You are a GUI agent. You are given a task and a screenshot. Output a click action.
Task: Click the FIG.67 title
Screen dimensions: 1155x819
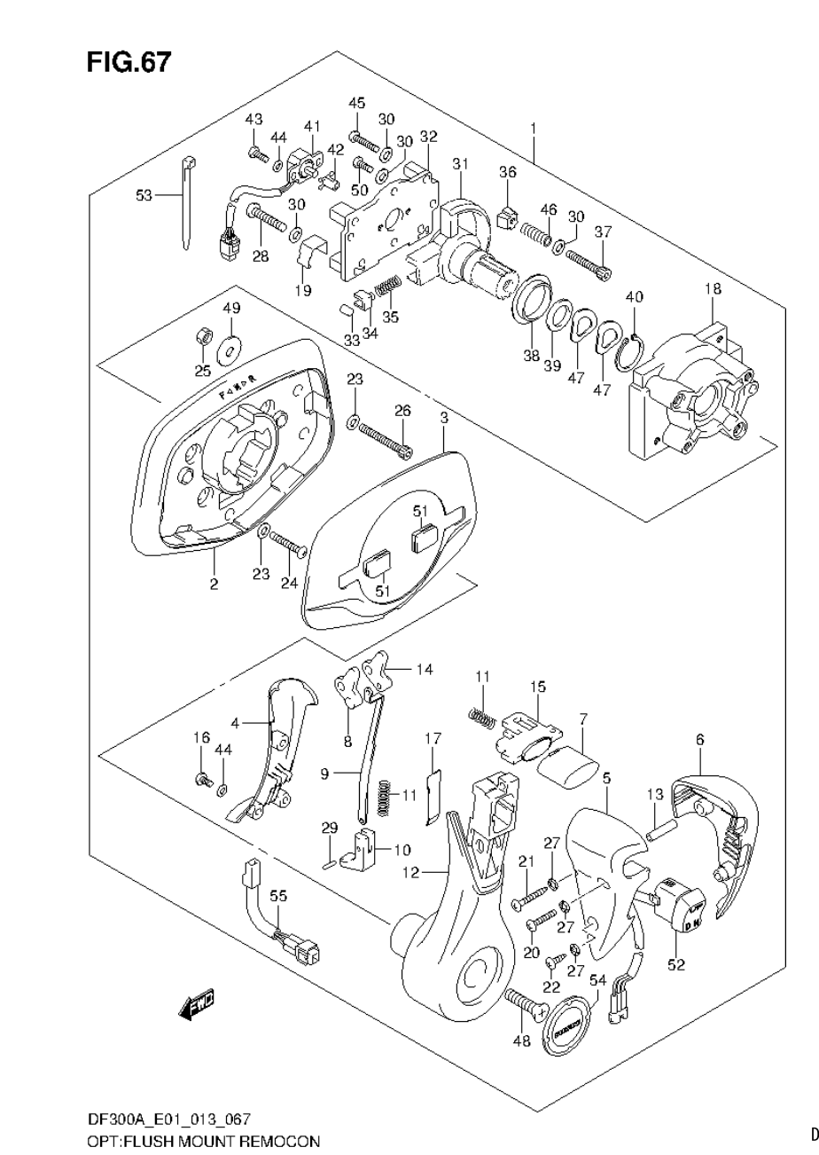[128, 63]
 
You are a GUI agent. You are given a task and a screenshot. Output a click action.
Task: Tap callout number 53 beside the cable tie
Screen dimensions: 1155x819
[144, 195]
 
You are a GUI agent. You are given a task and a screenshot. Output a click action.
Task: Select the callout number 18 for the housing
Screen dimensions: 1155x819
[713, 289]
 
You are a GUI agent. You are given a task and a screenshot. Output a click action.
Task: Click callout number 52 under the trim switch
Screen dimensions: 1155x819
[676, 966]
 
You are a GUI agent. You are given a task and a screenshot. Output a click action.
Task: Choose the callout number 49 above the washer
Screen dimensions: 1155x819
[231, 308]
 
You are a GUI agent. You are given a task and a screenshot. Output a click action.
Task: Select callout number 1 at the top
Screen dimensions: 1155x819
[533, 129]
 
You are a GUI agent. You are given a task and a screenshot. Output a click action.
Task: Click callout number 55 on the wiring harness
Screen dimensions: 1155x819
[278, 897]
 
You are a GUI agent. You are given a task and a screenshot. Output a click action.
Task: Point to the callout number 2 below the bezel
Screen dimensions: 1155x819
[214, 584]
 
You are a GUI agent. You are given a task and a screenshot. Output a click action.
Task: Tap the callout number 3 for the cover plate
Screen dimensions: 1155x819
[443, 417]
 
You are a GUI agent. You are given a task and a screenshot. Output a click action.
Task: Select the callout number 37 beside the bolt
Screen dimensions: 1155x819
[603, 232]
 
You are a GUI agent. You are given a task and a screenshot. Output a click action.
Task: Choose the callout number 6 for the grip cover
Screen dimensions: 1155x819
[699, 739]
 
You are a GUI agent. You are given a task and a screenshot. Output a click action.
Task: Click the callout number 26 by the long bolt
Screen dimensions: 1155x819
[402, 411]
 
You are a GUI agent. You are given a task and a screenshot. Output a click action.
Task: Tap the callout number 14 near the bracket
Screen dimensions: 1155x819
[425, 669]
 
